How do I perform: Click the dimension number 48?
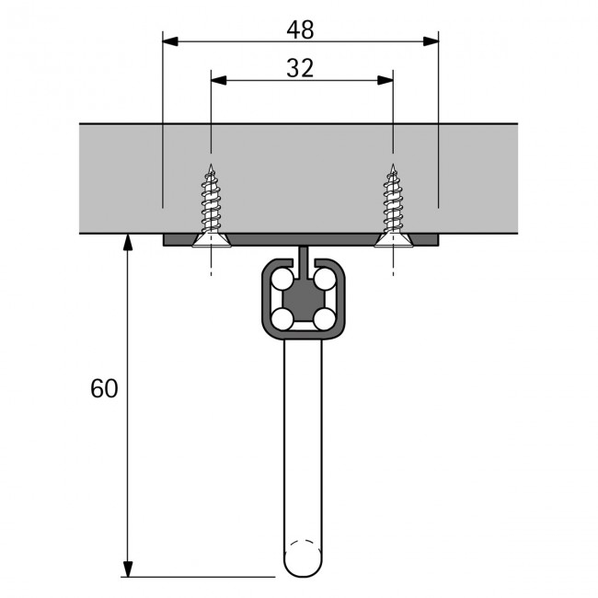(300, 29)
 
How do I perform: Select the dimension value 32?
(300, 68)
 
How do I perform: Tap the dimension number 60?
(104, 388)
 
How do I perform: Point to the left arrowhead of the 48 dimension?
(169, 40)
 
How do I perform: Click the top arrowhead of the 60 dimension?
(128, 242)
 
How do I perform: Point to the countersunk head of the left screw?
(211, 240)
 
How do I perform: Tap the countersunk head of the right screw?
(393, 240)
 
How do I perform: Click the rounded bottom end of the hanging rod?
(302, 561)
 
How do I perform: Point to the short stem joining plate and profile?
(302, 257)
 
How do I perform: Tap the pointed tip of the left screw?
(211, 167)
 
